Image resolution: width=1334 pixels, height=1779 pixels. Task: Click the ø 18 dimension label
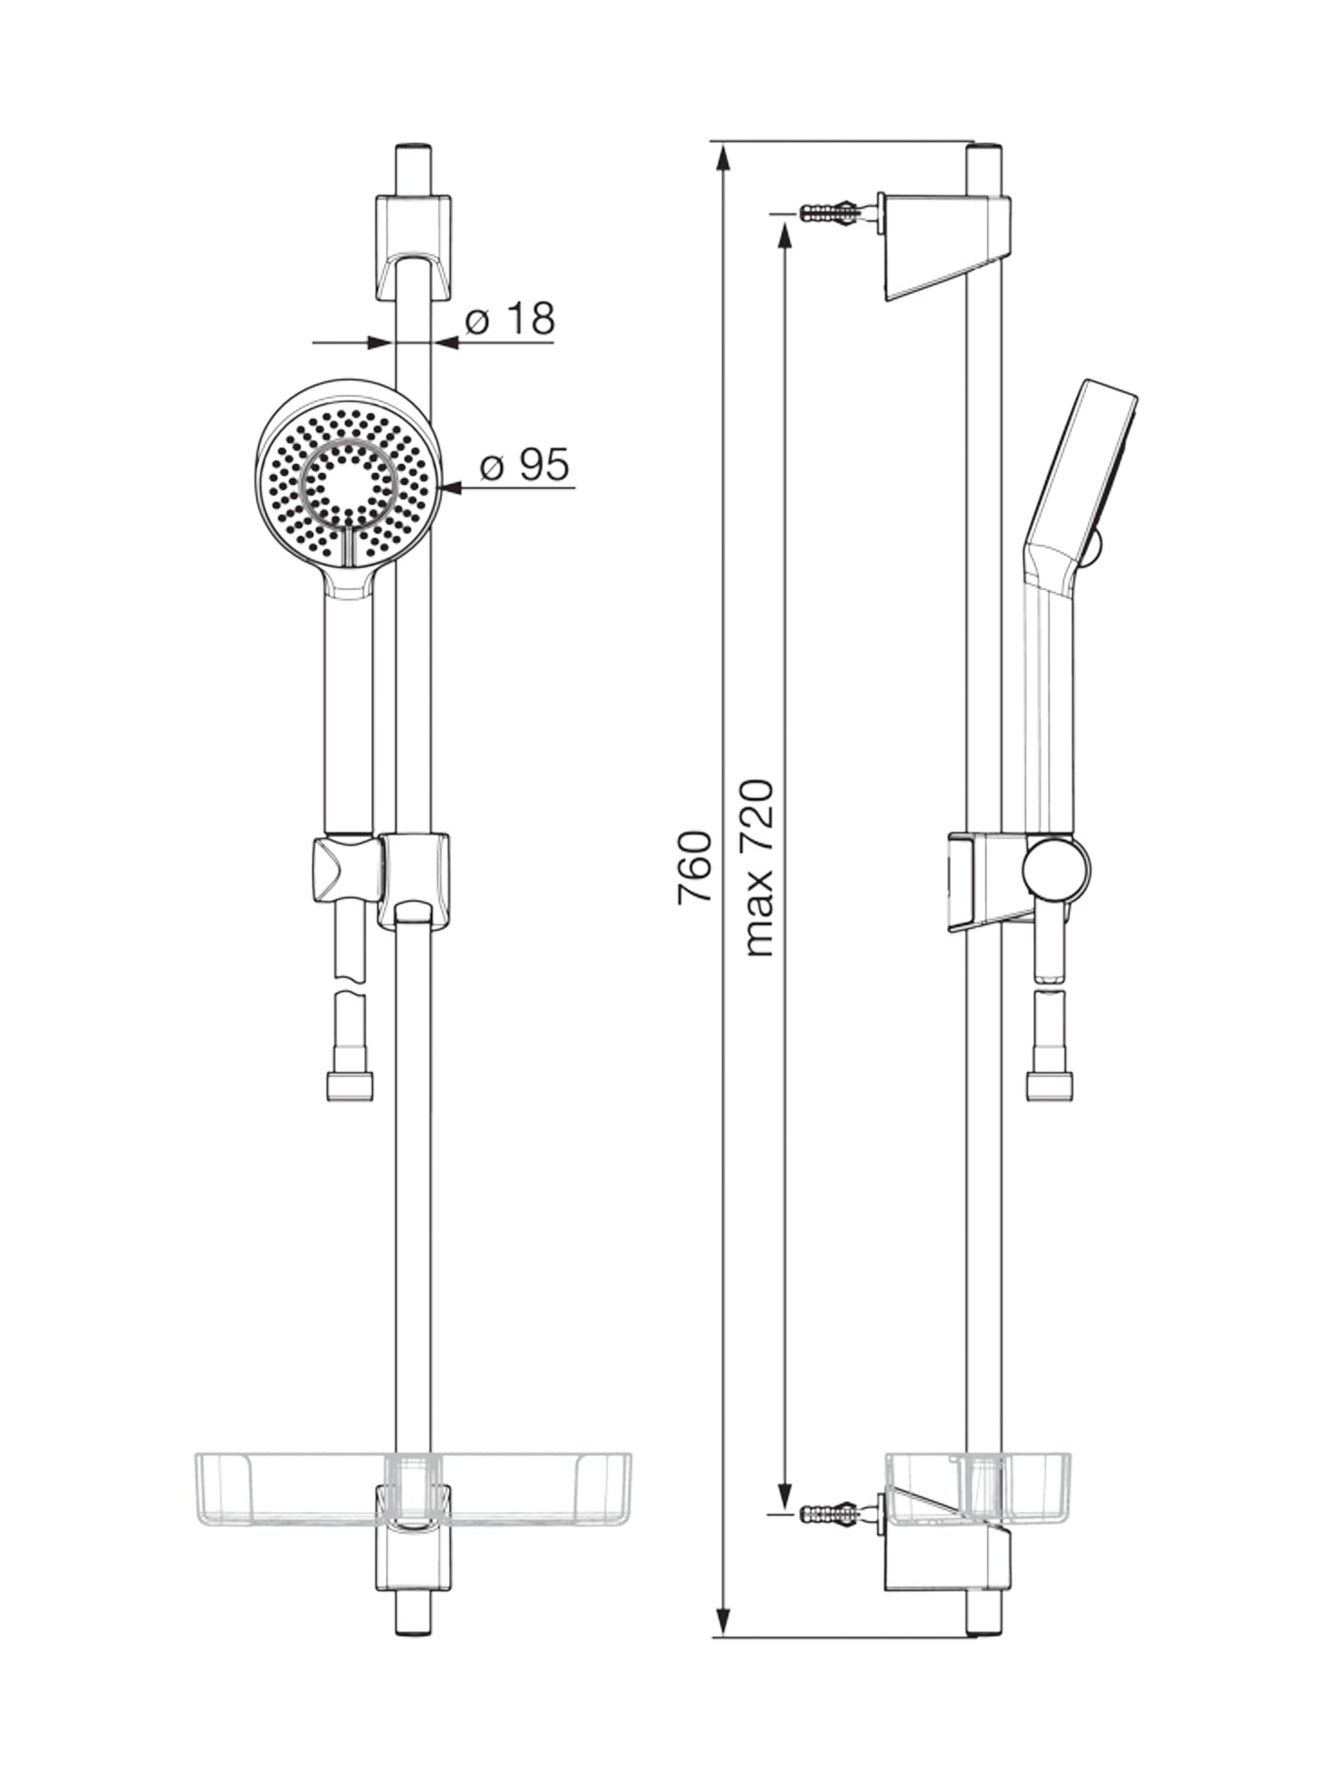click(x=510, y=319)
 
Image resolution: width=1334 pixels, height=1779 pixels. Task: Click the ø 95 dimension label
click(x=524, y=465)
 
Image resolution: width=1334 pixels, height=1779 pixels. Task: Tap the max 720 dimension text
click(x=759, y=868)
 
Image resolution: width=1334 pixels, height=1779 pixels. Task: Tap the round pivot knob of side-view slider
click(x=1056, y=868)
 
